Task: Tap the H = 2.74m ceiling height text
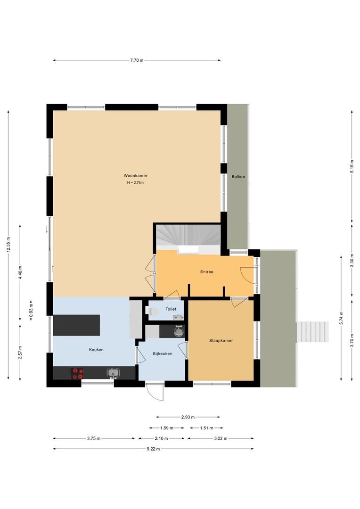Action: tap(135, 182)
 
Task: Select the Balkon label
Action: tap(238, 177)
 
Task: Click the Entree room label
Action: tap(206, 271)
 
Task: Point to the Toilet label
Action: tap(171, 309)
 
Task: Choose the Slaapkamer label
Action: tap(221, 340)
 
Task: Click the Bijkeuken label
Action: tap(162, 353)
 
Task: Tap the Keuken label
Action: tap(96, 350)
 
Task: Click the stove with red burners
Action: tap(77, 373)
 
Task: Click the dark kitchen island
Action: tap(76, 325)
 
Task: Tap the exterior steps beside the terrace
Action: tap(312, 333)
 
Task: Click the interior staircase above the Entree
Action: tap(188, 236)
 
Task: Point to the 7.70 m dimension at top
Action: tap(137, 60)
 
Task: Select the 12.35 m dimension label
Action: tap(8, 244)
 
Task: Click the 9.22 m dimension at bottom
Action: tap(153, 449)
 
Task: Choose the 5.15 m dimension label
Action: tap(352, 167)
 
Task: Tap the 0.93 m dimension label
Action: tap(31, 310)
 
